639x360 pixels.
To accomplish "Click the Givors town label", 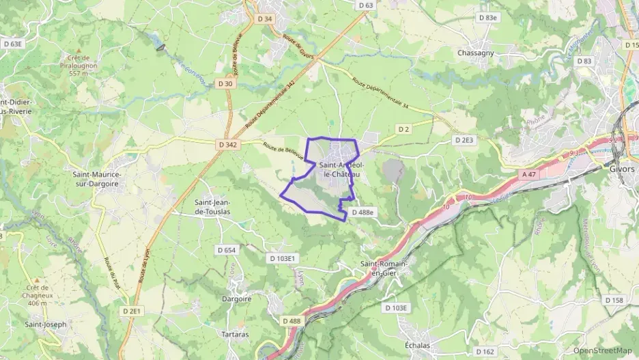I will coord(623,169).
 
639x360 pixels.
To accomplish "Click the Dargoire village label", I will coord(237,299).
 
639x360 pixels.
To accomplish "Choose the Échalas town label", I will coord(418,346).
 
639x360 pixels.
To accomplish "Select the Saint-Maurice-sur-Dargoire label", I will coord(97,179).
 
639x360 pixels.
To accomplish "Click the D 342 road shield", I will coord(229,145).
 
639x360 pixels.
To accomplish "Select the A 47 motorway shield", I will coord(529,175).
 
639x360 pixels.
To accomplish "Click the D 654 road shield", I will coord(226,250).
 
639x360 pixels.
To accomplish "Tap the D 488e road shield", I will coord(363,212).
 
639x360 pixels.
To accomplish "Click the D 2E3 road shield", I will coord(464,139).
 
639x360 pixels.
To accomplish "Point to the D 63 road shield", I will coord(366,5).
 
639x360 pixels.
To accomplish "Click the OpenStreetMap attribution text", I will coord(602,350).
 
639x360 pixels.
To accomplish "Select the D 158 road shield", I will coord(614,301).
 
